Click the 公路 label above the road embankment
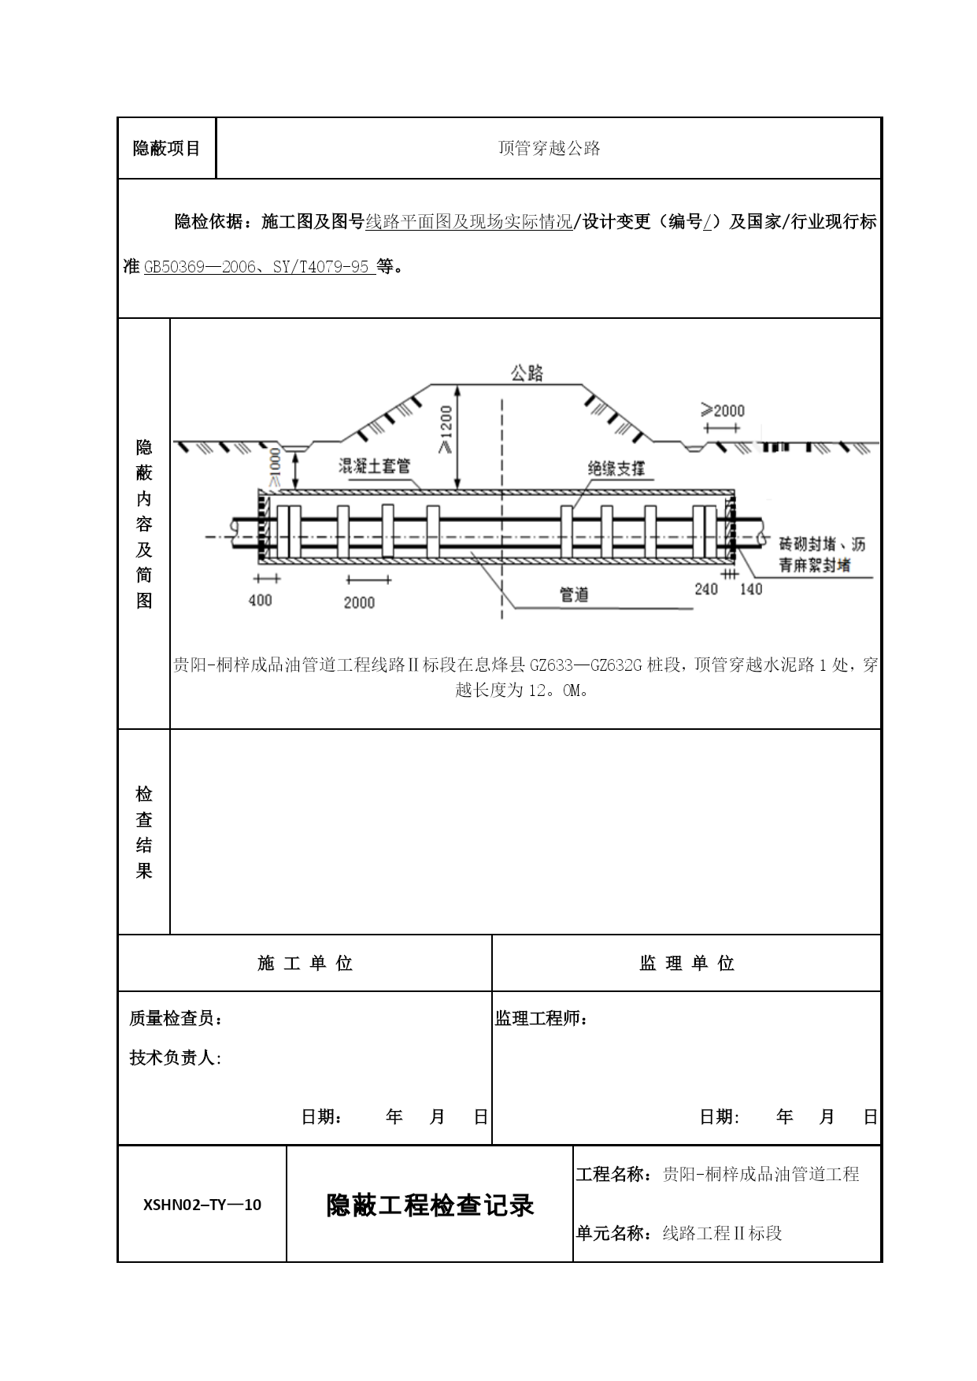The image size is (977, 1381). click(527, 373)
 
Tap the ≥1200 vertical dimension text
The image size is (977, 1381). click(446, 430)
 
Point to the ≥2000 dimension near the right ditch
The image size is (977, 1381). click(722, 410)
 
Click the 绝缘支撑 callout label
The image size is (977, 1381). click(616, 468)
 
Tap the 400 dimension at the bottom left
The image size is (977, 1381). click(260, 600)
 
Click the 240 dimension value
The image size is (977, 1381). click(706, 589)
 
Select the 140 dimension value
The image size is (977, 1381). click(751, 589)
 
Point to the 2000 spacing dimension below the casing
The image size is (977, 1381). click(359, 602)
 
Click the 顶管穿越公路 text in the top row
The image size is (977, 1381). click(549, 148)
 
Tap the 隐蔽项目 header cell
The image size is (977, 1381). click(167, 148)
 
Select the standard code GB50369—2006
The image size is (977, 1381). click(200, 267)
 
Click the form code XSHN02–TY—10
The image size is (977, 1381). click(202, 1204)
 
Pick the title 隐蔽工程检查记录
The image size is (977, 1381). click(430, 1205)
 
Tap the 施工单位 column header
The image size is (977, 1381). click(305, 964)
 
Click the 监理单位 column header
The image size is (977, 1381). click(686, 964)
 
